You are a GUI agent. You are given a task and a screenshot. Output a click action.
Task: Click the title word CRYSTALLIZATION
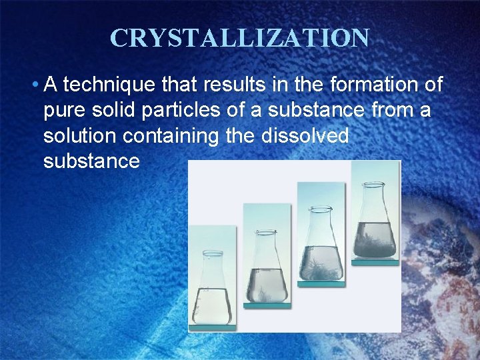click(239, 38)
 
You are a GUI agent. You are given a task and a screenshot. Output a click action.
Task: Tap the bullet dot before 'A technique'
click(34, 85)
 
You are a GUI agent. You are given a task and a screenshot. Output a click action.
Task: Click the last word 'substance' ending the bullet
click(91, 161)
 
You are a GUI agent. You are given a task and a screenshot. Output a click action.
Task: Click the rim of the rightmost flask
click(375, 165)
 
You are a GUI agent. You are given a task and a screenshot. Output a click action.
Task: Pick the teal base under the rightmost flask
click(375, 263)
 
